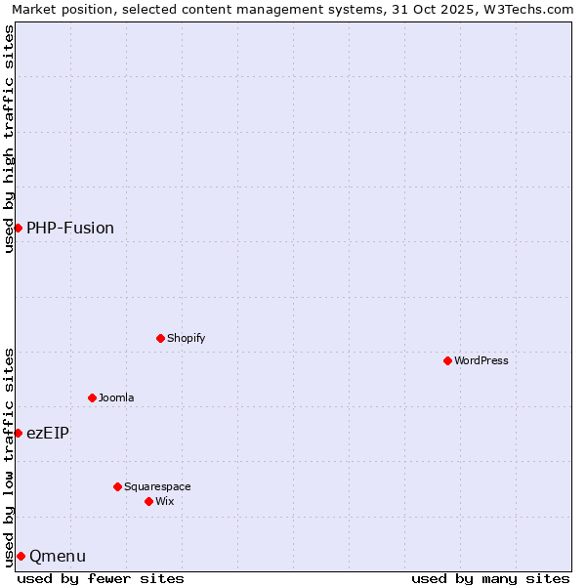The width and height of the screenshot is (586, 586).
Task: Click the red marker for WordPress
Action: (447, 360)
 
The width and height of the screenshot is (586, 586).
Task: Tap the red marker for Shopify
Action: (160, 338)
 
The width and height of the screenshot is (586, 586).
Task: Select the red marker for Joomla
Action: (92, 398)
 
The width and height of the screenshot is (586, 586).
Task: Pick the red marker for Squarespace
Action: (117, 486)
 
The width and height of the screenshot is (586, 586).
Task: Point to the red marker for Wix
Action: (148, 501)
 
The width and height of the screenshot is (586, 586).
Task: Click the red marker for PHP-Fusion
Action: (18, 228)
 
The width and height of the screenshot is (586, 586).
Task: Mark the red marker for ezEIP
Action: (18, 433)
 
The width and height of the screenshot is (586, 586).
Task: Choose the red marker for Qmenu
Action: (21, 556)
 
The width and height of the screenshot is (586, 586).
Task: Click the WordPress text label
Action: (481, 360)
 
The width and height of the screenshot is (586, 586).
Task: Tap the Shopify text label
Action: (186, 338)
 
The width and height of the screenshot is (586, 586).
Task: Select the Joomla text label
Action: (116, 398)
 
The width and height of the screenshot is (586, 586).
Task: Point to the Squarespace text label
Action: (157, 486)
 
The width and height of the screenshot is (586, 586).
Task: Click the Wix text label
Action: (164, 501)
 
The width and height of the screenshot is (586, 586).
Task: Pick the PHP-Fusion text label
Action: (70, 228)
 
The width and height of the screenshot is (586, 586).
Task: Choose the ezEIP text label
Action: (48, 433)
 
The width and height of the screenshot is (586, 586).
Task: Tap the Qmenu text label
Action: (58, 556)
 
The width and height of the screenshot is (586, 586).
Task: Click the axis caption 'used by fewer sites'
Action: (101, 578)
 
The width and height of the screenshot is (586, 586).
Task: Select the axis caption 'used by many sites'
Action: (490, 578)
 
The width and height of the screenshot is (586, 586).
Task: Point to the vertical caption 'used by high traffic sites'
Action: (9, 139)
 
